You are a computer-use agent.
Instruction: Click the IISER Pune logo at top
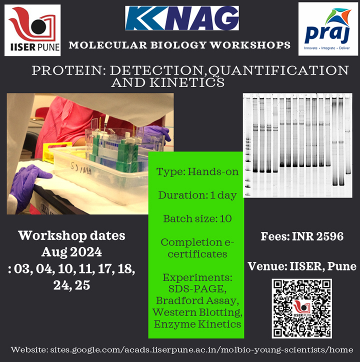32,30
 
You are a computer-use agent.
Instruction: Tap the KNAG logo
182,19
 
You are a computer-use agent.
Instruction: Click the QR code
301,308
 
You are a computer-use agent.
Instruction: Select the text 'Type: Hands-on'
197,172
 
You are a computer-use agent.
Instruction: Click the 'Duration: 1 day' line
197,195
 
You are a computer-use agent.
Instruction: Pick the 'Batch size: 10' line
197,218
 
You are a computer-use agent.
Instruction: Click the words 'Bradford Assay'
197,300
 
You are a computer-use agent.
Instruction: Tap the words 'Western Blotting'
197,312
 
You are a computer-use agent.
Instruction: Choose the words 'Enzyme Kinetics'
197,324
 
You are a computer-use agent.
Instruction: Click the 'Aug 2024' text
71,252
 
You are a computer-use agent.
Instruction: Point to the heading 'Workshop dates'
71,235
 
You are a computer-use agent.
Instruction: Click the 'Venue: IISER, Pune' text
302,266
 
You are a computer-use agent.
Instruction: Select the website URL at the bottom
209,349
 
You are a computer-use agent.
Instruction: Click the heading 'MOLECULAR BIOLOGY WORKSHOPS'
179,45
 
